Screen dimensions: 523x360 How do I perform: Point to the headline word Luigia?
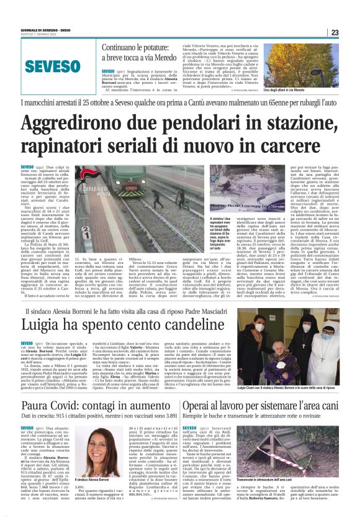click(43, 324)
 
